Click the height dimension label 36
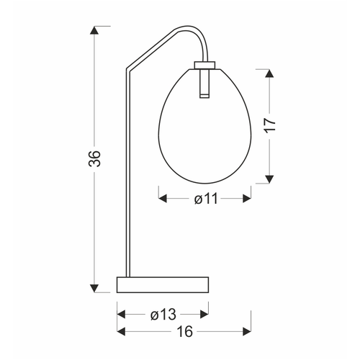[x=94, y=158]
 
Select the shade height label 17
[x=269, y=125]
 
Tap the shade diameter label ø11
[x=206, y=199]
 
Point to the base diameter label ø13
[x=163, y=315]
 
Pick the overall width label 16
[x=185, y=332]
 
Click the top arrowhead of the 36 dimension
[x=94, y=30]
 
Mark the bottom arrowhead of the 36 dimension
[x=94, y=288]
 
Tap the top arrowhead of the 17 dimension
[x=269, y=73]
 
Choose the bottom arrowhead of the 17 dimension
[x=269, y=179]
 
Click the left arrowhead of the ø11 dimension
[x=163, y=199]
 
